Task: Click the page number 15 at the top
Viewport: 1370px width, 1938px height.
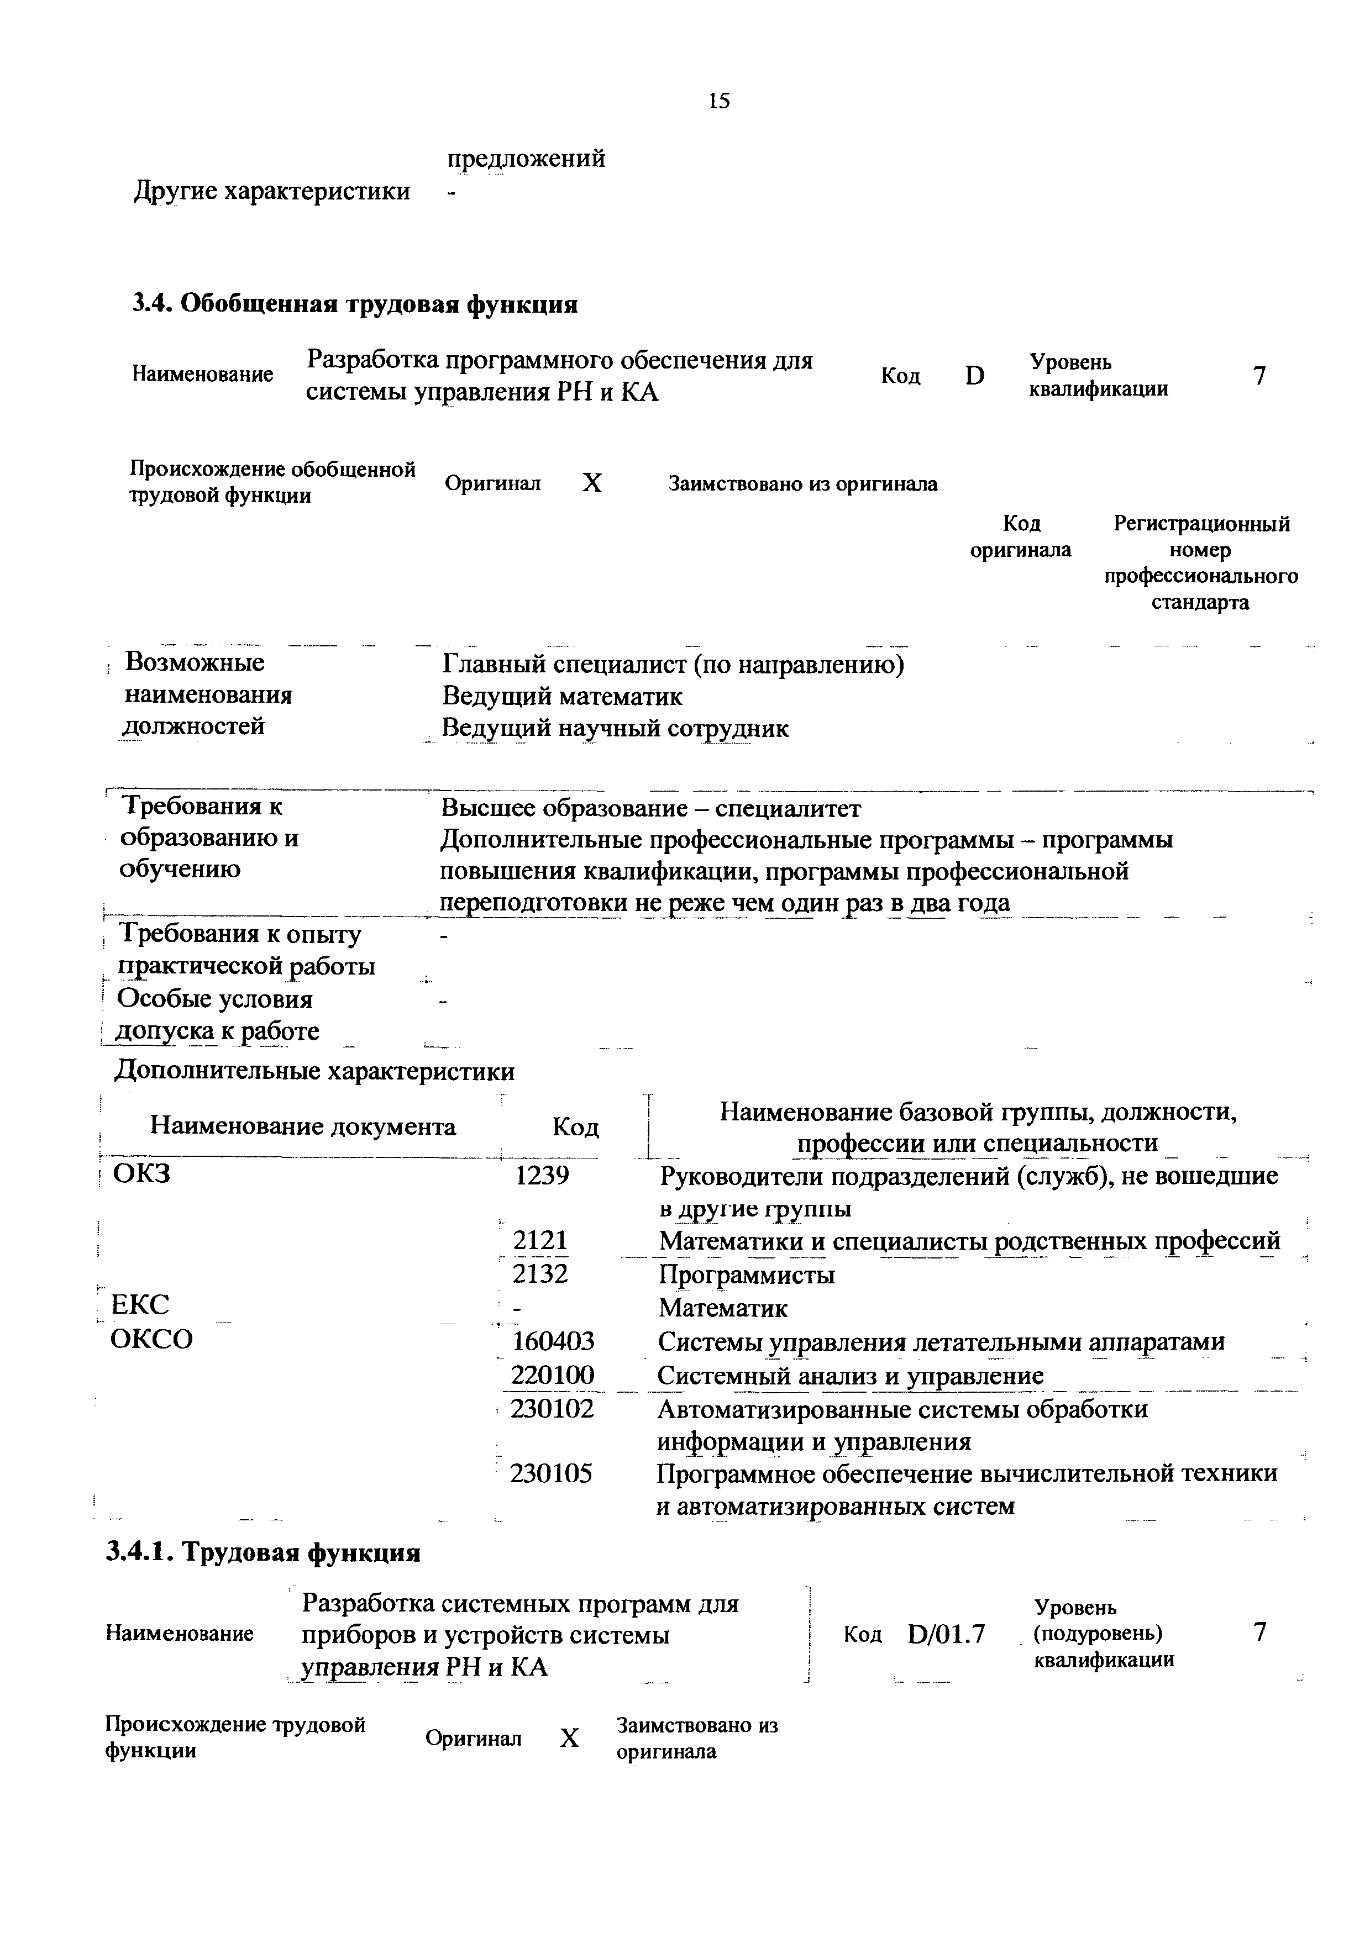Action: pyautogui.click(x=718, y=101)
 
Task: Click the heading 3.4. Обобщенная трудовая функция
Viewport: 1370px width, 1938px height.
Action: pyautogui.click(x=355, y=304)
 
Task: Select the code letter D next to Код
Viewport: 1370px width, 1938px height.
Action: pyautogui.click(x=975, y=376)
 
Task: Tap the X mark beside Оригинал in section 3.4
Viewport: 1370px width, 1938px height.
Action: pyautogui.click(x=594, y=483)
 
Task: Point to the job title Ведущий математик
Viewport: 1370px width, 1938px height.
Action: pyautogui.click(x=562, y=696)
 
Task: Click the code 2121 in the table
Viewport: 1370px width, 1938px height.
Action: pyautogui.click(x=541, y=1240)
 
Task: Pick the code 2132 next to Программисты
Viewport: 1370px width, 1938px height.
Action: pyautogui.click(x=541, y=1273)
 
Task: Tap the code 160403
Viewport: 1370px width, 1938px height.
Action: pyautogui.click(x=553, y=1340)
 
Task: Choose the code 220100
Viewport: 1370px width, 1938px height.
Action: pyautogui.click(x=553, y=1375)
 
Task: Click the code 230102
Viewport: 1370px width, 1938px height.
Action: pyautogui.click(x=553, y=1408)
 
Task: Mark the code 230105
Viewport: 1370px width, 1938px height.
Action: pyautogui.click(x=552, y=1474)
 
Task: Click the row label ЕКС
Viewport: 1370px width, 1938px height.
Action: pyautogui.click(x=140, y=1306)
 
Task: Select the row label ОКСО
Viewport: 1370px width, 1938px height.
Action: pyautogui.click(x=152, y=1340)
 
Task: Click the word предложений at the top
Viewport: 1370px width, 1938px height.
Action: pyautogui.click(x=526, y=158)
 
